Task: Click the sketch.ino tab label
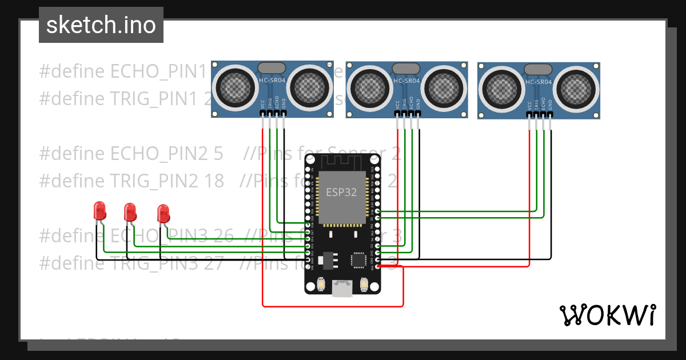pyautogui.click(x=101, y=25)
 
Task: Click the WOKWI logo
pyautogui.click(x=607, y=315)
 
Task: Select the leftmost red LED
pyautogui.click(x=99, y=211)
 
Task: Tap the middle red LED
pyautogui.click(x=130, y=212)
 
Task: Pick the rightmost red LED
pyautogui.click(x=163, y=214)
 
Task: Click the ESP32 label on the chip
pyautogui.click(x=341, y=193)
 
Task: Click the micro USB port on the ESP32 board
pyautogui.click(x=342, y=289)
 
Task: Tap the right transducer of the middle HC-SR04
pyautogui.click(x=445, y=88)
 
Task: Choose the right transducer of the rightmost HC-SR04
pyautogui.click(x=577, y=89)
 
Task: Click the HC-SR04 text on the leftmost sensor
pyautogui.click(x=272, y=81)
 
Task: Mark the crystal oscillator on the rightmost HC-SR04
pyautogui.click(x=538, y=69)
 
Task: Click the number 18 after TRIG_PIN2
pyautogui.click(x=214, y=181)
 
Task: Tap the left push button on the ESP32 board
pyautogui.click(x=321, y=283)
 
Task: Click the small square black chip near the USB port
pyautogui.click(x=358, y=260)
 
